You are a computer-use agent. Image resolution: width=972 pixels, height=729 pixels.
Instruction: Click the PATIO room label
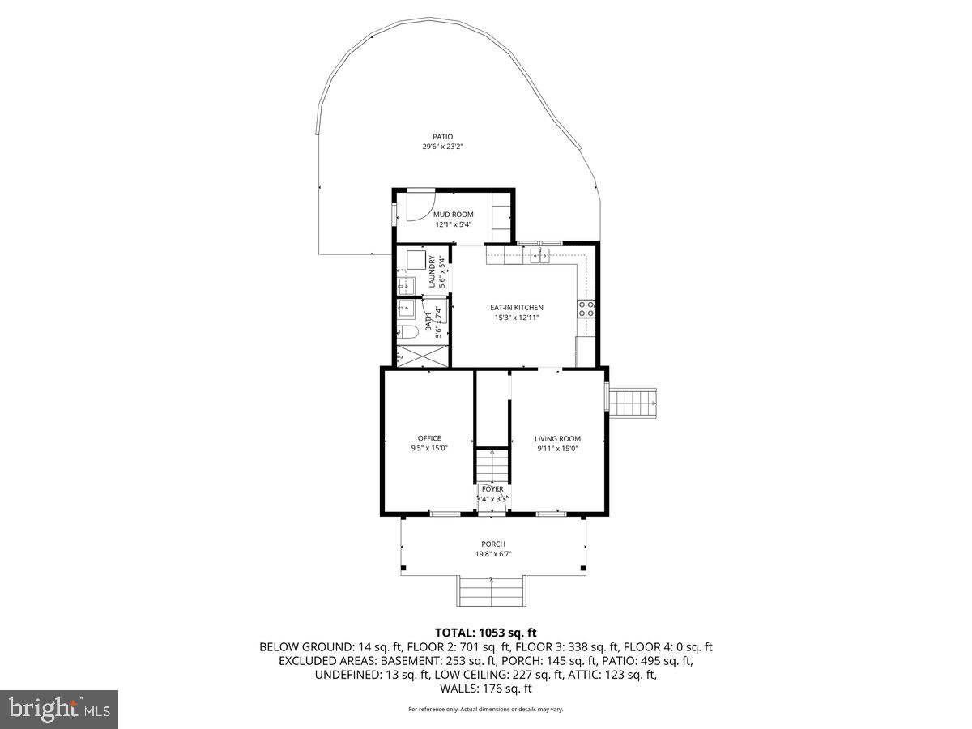442,137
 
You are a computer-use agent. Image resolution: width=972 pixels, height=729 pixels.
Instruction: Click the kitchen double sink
539,257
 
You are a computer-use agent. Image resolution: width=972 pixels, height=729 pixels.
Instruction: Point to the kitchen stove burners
586,308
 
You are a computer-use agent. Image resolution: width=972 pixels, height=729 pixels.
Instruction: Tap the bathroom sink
406,309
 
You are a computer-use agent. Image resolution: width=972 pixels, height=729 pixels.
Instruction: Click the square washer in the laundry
416,260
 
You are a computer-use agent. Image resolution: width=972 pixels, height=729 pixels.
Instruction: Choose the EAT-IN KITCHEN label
516,308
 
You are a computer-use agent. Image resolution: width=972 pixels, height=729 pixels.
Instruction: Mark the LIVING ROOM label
558,438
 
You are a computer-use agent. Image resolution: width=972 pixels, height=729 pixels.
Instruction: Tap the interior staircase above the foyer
492,466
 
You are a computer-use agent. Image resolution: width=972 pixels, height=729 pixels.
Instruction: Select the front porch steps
492,590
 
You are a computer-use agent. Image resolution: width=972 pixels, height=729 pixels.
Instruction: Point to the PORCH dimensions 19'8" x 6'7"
493,554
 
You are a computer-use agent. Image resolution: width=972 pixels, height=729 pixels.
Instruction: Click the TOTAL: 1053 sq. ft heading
486,633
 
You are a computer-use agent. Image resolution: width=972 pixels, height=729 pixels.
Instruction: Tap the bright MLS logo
59,710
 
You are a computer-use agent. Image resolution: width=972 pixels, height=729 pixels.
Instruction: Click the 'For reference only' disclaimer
485,710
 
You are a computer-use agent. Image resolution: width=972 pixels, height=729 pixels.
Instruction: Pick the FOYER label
492,489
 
